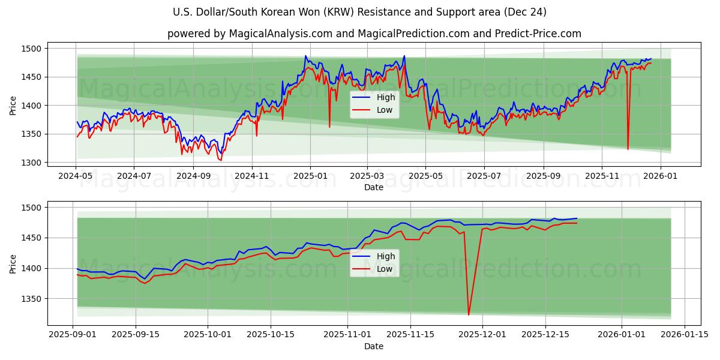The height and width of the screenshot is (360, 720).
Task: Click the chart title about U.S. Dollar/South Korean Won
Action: click(x=359, y=12)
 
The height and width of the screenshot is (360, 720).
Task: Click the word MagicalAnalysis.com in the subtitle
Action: click(x=281, y=34)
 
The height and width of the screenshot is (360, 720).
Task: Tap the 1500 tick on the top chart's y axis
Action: click(x=32, y=49)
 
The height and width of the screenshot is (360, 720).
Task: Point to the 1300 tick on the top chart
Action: click(x=32, y=163)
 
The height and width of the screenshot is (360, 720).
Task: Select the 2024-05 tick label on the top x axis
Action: click(x=76, y=176)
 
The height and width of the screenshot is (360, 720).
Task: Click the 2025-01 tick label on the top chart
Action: click(x=310, y=176)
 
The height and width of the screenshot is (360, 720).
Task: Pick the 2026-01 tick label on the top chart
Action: click(x=661, y=176)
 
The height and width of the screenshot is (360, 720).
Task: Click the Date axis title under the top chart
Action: click(x=374, y=187)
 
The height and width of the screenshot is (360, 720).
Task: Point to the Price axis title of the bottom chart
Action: click(x=13, y=264)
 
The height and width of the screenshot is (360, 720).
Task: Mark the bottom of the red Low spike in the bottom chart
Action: click(x=469, y=314)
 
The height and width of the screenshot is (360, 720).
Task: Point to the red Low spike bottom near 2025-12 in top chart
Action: click(x=628, y=149)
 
